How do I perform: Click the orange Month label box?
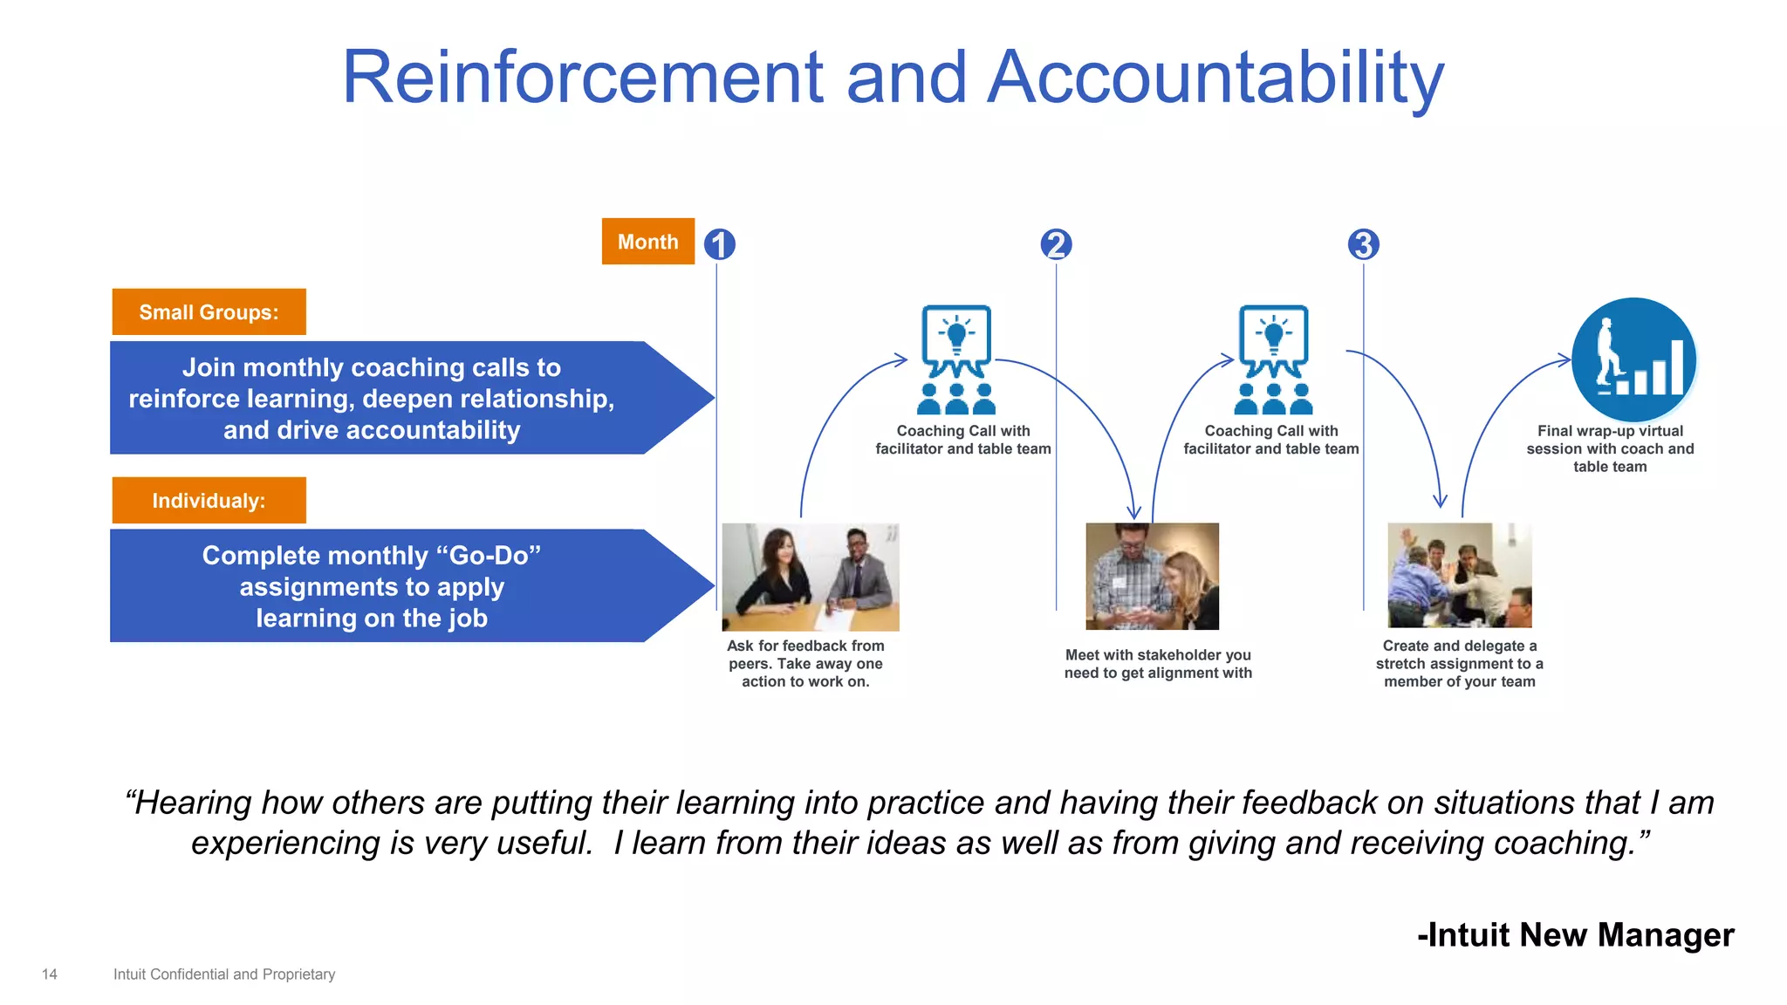tap(647, 242)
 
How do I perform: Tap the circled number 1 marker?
tap(719, 244)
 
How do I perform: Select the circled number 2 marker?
tap(1056, 244)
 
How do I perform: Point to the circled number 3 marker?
tap(1363, 244)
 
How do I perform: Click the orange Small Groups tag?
tap(209, 312)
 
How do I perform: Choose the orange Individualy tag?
tap(209, 501)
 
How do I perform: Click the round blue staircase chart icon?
tap(1633, 359)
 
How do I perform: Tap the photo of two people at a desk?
tap(810, 577)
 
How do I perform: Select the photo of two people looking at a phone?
tap(1152, 576)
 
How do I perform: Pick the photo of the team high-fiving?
tap(1459, 575)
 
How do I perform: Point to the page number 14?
tap(50, 974)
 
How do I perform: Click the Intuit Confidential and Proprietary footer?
tap(224, 974)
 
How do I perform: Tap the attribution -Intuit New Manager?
tap(1575, 934)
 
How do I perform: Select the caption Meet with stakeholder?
tap(1158, 664)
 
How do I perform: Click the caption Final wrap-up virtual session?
tap(1610, 448)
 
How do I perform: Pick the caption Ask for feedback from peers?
tap(805, 664)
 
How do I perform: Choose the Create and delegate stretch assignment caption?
tap(1459, 664)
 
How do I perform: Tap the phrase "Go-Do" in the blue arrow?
tap(494, 556)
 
